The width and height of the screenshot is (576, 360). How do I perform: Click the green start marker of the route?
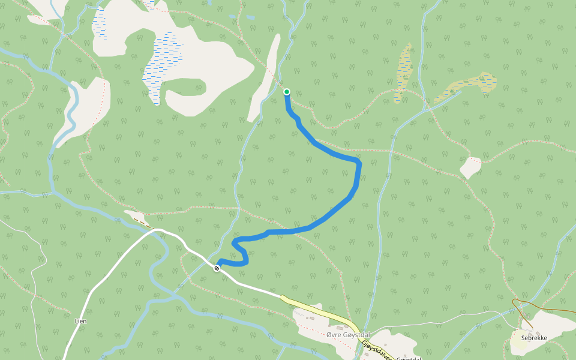(x=287, y=92)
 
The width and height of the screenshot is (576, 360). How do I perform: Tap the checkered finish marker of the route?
(x=217, y=268)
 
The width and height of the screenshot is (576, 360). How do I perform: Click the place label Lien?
(x=80, y=321)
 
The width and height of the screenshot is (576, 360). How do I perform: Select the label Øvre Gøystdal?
(x=348, y=334)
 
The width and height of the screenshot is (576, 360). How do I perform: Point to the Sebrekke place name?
(x=534, y=338)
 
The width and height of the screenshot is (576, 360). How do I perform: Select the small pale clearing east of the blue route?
(x=471, y=167)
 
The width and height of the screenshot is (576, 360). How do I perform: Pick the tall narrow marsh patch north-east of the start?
(x=403, y=72)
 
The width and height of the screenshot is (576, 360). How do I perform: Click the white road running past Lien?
(x=90, y=294)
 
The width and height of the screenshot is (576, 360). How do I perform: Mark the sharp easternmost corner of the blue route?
(x=359, y=163)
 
